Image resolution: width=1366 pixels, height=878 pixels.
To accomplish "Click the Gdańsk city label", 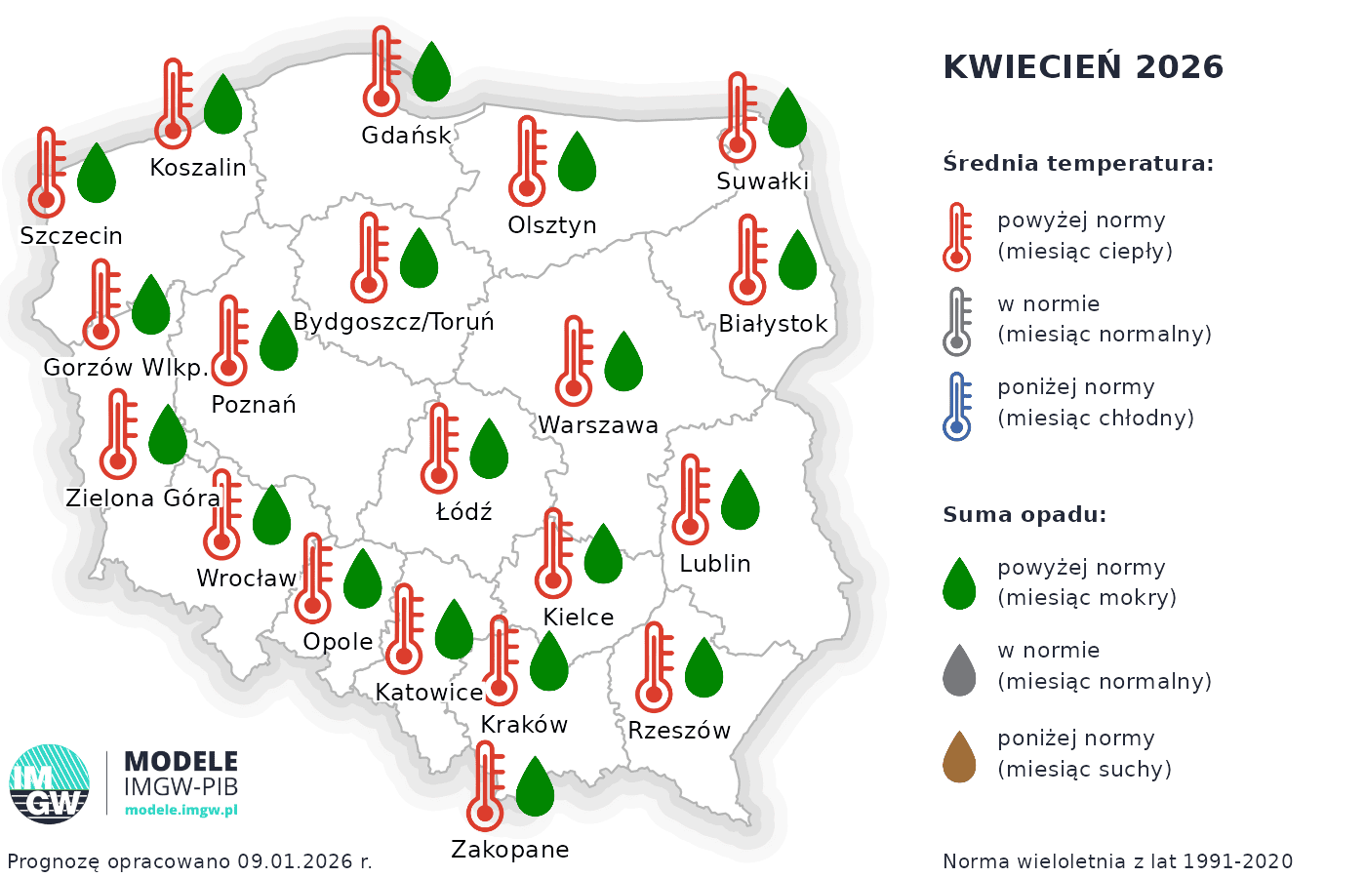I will tap(406, 136).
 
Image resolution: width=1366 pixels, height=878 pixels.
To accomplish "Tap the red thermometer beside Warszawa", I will tap(574, 361).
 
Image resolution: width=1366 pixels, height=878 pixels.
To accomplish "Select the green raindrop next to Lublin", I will tap(740, 500).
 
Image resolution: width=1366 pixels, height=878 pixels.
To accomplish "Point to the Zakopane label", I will tap(509, 850).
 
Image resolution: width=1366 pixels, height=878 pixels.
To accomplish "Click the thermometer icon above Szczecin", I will tap(46, 173).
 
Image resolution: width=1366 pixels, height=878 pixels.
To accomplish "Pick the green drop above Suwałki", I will tap(787, 118).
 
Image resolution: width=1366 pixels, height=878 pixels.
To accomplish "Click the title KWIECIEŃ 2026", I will tap(1083, 66).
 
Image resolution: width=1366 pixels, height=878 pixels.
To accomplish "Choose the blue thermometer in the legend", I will tap(957, 406).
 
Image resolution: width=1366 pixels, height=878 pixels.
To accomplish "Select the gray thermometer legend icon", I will tap(957, 322).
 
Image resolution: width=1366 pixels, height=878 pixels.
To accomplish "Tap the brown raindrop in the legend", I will tap(959, 757).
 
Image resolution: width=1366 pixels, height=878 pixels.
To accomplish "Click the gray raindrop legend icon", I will tap(959, 670).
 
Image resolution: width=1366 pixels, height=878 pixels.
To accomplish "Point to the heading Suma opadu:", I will tap(1024, 515).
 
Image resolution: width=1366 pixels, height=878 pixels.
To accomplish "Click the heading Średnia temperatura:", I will tap(1078, 163).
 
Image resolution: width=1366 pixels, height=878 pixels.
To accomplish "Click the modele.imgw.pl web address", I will tap(181, 810).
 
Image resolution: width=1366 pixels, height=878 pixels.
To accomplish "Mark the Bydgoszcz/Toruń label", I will tap(393, 322).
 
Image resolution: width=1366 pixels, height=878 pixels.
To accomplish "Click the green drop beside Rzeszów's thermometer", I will tap(703, 668).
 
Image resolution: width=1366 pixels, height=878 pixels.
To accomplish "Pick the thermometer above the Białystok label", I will tap(747, 259).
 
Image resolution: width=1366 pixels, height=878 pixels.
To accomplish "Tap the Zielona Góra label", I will tap(143, 499).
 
